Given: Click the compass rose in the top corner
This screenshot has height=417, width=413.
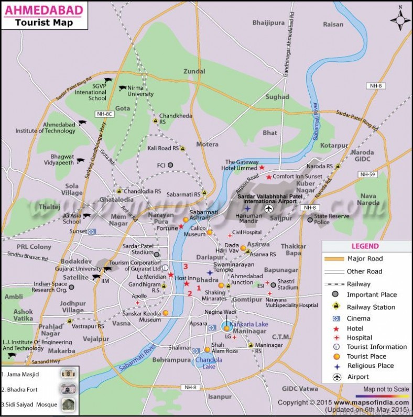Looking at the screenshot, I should (400, 20).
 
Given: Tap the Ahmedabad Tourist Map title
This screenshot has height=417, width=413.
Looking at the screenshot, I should (44, 16).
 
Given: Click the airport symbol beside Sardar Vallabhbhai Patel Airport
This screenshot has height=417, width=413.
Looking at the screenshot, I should (269, 209).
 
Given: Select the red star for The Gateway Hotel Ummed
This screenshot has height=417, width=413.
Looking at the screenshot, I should (262, 168).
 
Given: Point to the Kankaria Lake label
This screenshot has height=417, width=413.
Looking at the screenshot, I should (248, 324).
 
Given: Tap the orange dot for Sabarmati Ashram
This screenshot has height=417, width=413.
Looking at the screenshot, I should (186, 220).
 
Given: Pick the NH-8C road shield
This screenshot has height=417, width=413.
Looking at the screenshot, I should (105, 114).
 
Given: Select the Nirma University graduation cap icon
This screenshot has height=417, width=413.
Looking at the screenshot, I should (122, 88).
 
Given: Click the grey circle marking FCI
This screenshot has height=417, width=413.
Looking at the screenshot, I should (170, 165).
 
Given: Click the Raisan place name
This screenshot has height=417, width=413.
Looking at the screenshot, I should (333, 24).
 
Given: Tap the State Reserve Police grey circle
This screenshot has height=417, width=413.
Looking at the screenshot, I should (310, 219).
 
